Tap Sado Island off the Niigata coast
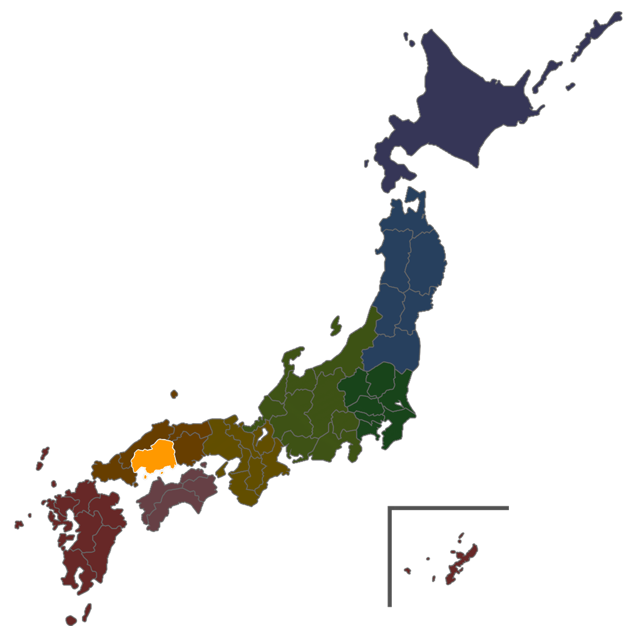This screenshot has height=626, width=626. pos(336,326)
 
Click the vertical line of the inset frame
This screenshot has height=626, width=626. pos(389,557)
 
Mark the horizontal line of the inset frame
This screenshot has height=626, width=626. pos(448,508)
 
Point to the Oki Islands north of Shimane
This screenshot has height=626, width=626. pos(173,394)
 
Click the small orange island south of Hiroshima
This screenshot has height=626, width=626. pos(145,476)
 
